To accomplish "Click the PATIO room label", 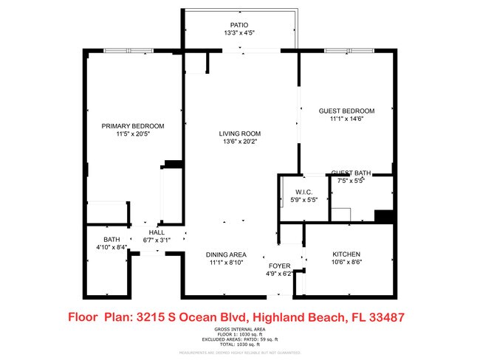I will [239, 24].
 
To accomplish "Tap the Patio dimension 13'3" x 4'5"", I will [239, 33].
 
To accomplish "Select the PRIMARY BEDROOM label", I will [133, 126].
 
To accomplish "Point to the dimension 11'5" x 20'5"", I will [133, 135].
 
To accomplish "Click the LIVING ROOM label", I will [240, 134].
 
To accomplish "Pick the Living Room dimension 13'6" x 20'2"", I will [240, 142].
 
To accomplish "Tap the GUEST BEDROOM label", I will [346, 111].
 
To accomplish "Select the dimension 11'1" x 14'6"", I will [346, 119].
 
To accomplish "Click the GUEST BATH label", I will [351, 173].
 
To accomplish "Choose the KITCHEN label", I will [346, 255].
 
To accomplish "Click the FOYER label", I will [279, 266].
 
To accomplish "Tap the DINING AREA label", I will [225, 255].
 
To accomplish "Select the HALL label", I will [156, 231].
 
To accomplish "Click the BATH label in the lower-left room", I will [112, 239].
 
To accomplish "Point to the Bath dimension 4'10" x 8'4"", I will [112, 248].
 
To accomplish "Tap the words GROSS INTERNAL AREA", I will [239, 329].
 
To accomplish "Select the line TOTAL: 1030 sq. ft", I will [239, 345].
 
